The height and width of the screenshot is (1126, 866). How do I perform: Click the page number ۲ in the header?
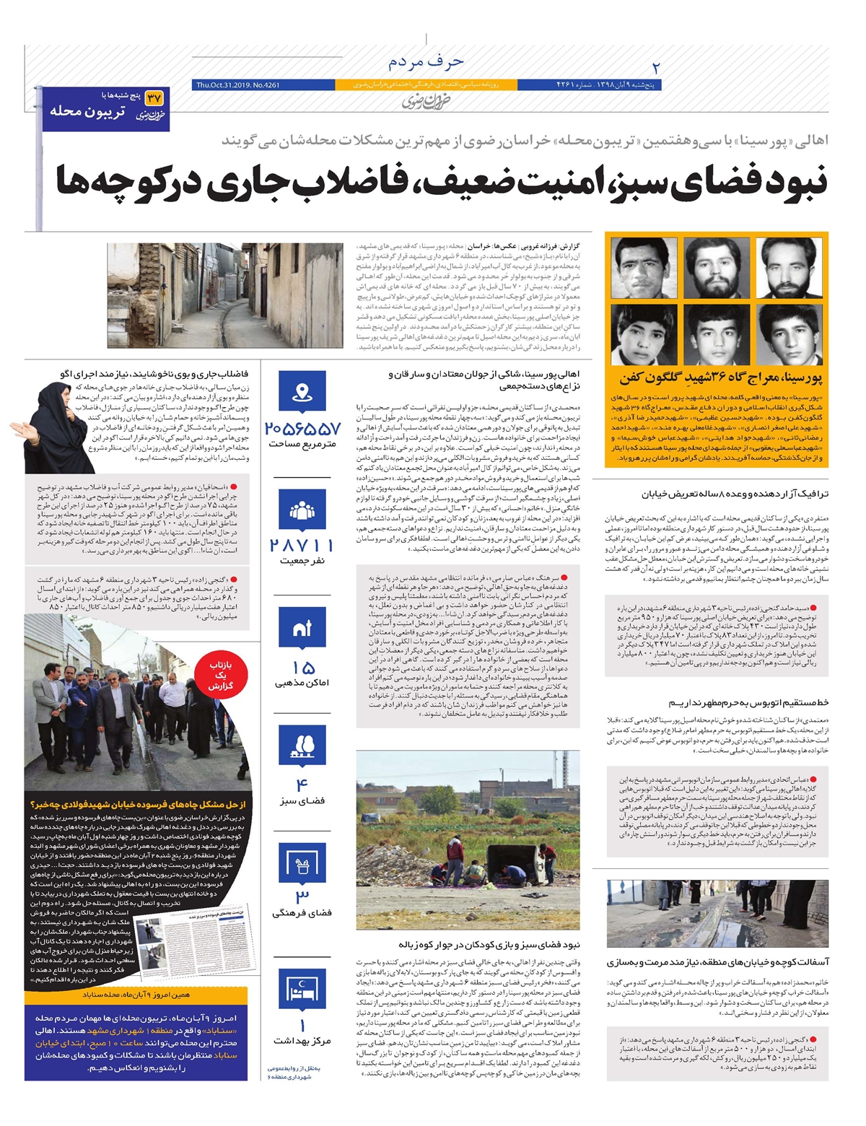pyautogui.click(x=656, y=69)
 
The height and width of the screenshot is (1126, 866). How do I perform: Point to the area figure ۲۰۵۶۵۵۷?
pyautogui.click(x=302, y=428)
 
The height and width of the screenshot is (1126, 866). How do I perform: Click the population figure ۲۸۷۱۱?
pyautogui.click(x=302, y=545)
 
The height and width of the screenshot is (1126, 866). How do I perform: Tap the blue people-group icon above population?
pyautogui.click(x=302, y=511)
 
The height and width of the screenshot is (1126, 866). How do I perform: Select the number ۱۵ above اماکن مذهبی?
pyautogui.click(x=302, y=666)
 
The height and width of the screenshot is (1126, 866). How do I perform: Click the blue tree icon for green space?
pyautogui.click(x=302, y=747)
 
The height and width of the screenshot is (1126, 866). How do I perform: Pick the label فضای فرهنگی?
pyautogui.click(x=302, y=912)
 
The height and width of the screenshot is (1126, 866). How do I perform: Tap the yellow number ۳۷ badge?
pyautogui.click(x=154, y=97)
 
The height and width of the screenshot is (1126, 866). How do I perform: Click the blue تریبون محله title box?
pyautogui.click(x=106, y=110)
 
